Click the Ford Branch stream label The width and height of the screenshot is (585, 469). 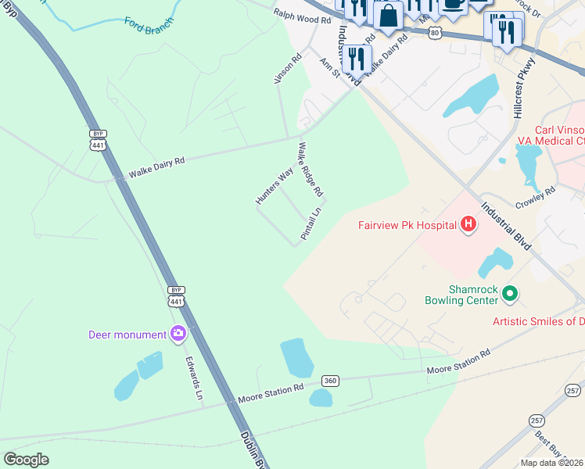coord(146,22)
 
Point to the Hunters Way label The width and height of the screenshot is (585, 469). coord(275,186)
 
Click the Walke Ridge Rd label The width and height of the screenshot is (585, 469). coord(310,168)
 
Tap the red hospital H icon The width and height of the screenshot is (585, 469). coord(468,225)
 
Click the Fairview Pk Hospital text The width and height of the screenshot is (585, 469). coord(407,226)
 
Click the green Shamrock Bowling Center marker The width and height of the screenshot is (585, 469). coord(510,294)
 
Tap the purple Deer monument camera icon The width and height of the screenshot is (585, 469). coord(178,335)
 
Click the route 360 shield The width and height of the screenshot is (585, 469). coord(331,381)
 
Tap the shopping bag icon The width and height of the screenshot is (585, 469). coord(388,14)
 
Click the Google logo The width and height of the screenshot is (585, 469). coord(27,459)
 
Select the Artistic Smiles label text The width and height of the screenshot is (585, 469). coord(538,321)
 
